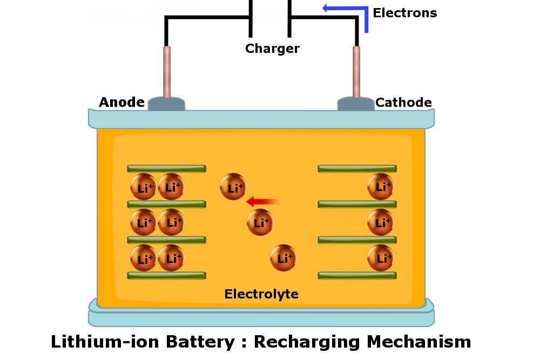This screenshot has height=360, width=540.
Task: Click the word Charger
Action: [272, 49]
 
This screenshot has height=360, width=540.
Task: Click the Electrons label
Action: [404, 13]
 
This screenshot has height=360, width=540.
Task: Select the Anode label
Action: [122, 103]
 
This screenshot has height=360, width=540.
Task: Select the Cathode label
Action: [403, 103]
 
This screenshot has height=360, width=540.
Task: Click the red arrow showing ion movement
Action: [263, 202]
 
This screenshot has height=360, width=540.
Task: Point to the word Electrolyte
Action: [261, 294]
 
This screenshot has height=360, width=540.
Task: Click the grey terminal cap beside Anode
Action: [166, 104]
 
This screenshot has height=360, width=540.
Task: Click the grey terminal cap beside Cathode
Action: [356, 104]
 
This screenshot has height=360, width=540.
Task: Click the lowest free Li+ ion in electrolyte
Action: [283, 258]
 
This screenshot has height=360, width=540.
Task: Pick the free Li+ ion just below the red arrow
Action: [260, 222]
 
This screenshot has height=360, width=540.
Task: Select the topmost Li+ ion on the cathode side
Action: [381, 187]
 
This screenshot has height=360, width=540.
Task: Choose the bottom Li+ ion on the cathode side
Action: [381, 258]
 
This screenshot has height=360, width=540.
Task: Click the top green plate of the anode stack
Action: [166, 168]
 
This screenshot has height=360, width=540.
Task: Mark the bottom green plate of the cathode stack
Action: [357, 275]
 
